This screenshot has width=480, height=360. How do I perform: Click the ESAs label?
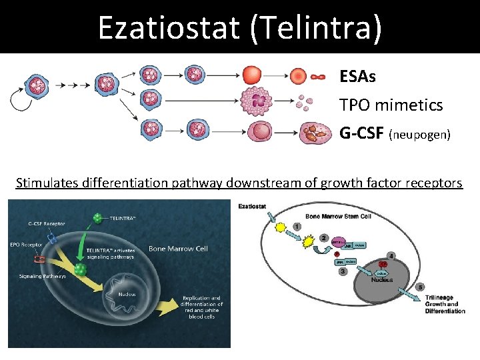pos(357,77)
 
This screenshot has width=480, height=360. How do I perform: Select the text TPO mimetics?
pos(391,105)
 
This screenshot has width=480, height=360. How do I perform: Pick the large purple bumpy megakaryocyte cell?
pos(257,102)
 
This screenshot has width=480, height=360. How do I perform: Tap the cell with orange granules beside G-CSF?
pos(315,133)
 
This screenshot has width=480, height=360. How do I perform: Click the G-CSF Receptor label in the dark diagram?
pos(47,223)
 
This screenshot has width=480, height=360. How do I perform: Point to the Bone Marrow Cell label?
pos(178,249)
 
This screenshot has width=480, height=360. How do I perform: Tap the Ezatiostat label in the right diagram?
pos(252,207)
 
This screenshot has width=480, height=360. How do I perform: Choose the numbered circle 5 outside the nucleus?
pos(419,287)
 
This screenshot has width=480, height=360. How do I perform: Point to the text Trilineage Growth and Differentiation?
pos(445,305)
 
